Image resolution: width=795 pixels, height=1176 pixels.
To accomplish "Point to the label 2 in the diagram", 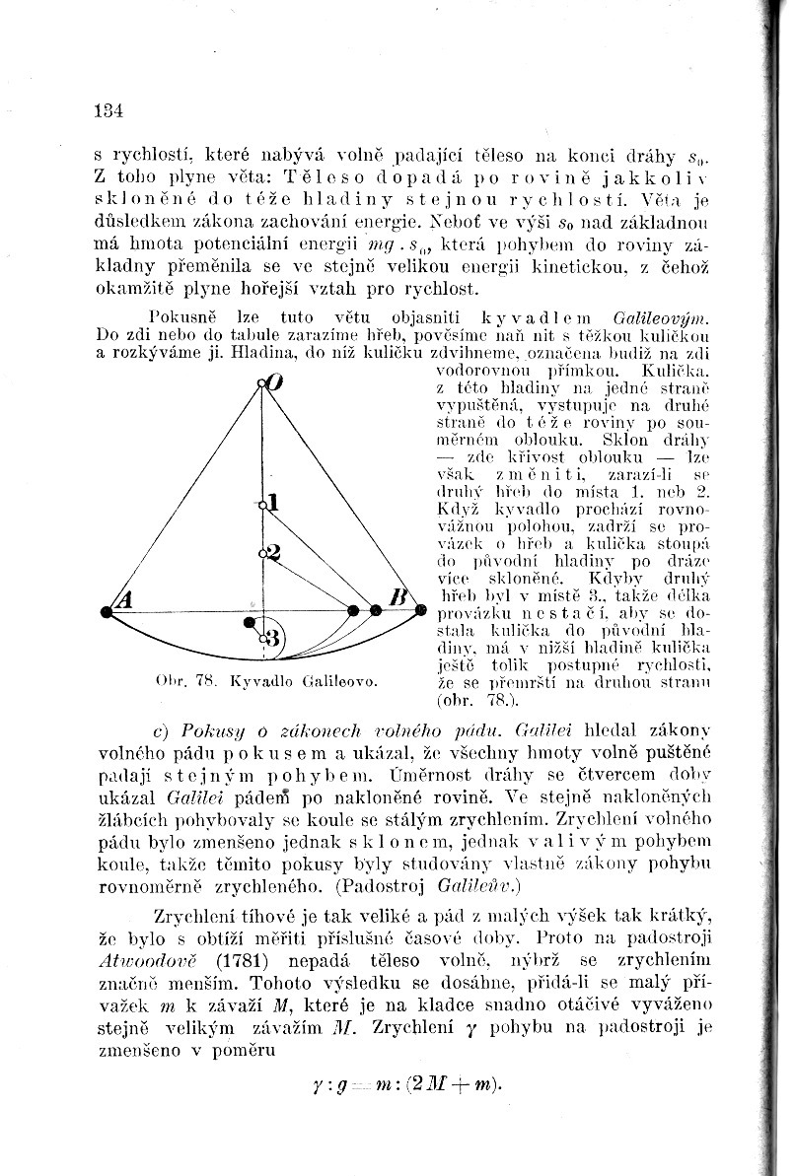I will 274,552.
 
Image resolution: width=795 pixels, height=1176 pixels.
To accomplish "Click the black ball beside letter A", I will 107,612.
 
